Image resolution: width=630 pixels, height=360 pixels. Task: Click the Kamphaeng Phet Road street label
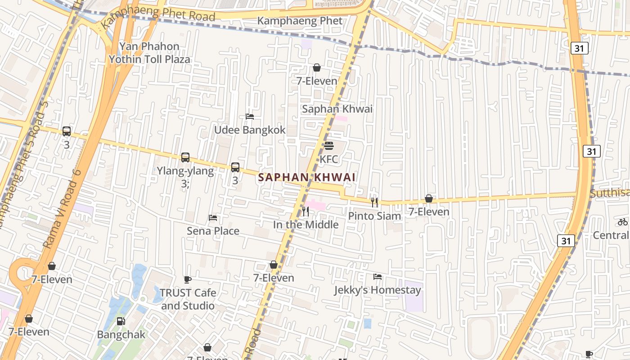point(158,16)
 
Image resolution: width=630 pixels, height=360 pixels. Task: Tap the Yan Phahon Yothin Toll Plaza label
point(149,53)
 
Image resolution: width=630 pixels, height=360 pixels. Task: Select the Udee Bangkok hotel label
point(249,130)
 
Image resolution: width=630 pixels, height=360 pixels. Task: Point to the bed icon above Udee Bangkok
point(250,117)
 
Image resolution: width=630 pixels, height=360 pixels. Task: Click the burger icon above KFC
point(329,146)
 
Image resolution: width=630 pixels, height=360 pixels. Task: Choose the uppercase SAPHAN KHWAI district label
point(307,177)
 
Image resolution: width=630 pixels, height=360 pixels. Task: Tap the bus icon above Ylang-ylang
point(185,157)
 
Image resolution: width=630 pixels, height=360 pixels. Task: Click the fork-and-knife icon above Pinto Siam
point(374,202)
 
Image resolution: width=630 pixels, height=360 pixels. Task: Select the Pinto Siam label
point(374,216)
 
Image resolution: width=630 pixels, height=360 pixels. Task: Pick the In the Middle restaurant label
point(306,225)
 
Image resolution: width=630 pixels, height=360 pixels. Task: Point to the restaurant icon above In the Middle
point(306,211)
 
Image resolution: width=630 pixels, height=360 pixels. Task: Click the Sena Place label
point(213,231)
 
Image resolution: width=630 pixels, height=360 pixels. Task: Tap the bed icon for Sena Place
point(213,218)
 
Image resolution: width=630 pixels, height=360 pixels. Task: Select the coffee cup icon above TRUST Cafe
point(188,279)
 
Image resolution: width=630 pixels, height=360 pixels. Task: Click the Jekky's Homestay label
point(377,290)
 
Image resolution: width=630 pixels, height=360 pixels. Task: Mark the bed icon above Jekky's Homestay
point(377,277)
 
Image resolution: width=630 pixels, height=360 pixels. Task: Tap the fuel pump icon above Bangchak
point(121,321)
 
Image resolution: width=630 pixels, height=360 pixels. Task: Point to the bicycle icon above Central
point(623,221)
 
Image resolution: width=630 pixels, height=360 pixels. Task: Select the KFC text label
point(328,159)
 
